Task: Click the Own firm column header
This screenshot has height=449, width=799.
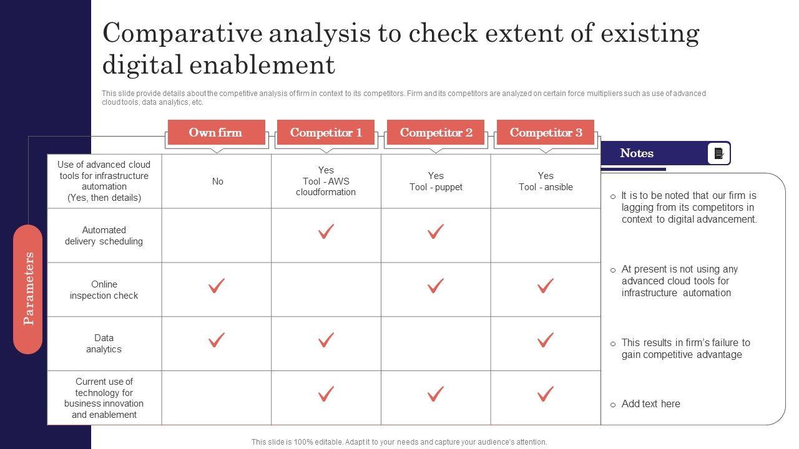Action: [216, 132]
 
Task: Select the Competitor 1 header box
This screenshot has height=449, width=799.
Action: [326, 132]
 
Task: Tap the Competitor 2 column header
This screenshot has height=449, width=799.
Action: [436, 132]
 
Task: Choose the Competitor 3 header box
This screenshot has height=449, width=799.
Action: [546, 132]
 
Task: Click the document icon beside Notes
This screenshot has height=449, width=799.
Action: [718, 153]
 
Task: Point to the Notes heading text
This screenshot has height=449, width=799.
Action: [637, 153]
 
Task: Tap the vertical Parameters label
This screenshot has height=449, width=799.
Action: [28, 289]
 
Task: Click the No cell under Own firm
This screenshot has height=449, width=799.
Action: [218, 181]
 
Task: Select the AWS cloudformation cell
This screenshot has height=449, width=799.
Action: [326, 181]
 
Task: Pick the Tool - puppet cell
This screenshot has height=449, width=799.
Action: [436, 181]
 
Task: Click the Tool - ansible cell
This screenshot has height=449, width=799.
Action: [546, 181]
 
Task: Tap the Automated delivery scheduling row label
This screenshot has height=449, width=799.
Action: [104, 236]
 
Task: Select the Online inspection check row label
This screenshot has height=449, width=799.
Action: [104, 290]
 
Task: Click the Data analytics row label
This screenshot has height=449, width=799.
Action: [104, 344]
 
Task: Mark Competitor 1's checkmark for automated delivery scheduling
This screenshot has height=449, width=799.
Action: [326, 231]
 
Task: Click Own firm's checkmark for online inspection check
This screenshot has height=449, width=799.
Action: [217, 286]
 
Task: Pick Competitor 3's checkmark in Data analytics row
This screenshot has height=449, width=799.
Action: [546, 340]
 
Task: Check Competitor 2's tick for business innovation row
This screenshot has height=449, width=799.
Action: [436, 393]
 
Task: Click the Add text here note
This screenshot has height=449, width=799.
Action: [650, 403]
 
